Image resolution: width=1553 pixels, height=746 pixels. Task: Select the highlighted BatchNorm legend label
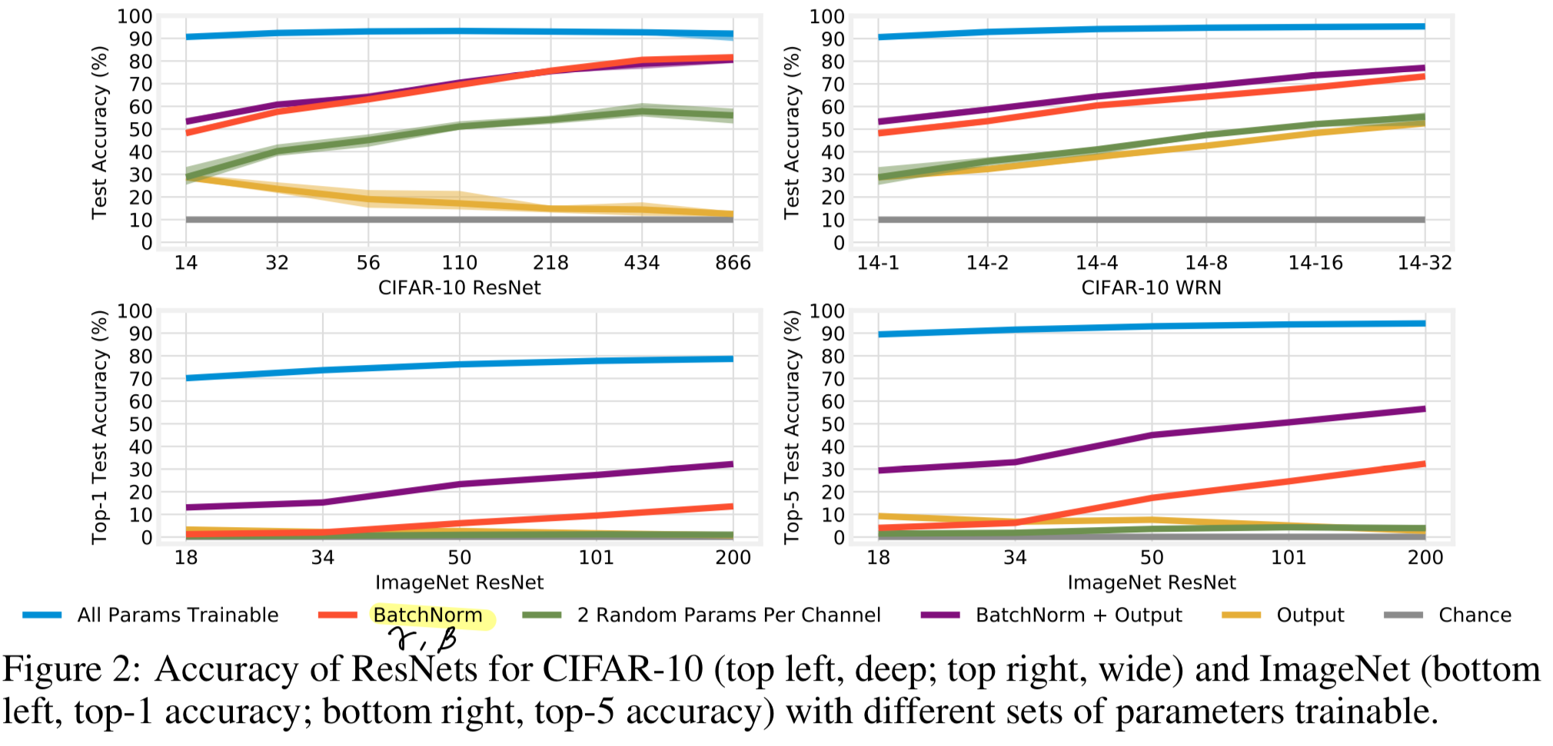click(427, 615)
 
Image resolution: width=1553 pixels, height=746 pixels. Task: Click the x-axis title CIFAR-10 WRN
click(1151, 288)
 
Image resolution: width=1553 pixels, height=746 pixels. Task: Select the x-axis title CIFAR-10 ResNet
click(459, 288)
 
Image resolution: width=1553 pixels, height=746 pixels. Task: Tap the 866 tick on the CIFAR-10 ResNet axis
click(733, 264)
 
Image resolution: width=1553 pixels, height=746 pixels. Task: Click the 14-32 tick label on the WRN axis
click(1425, 264)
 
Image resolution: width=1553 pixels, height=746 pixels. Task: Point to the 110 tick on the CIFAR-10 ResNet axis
click(460, 264)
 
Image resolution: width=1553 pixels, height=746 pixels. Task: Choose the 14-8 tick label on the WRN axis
click(1205, 264)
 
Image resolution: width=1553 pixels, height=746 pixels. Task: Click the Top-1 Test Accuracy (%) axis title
click(100, 427)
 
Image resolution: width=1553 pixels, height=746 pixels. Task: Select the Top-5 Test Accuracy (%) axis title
click(792, 427)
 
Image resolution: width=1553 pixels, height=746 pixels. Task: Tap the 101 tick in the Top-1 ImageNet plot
click(596, 558)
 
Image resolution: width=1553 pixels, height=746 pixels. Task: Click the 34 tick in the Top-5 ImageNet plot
click(1015, 558)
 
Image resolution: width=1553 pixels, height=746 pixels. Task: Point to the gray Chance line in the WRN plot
click(1151, 220)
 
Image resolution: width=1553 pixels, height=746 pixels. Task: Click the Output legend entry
click(1309, 615)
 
